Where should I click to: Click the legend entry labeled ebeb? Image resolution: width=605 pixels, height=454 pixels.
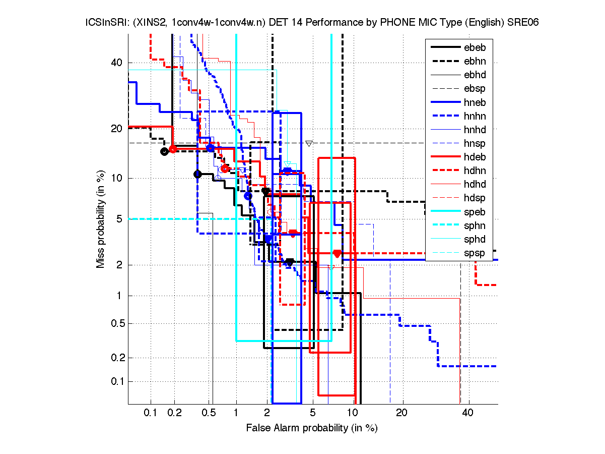coord(474,48)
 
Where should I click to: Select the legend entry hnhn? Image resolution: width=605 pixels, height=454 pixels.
coord(474,116)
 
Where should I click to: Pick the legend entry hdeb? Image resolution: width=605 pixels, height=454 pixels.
coord(474,157)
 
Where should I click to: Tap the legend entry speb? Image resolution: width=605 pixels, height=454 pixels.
coord(474,212)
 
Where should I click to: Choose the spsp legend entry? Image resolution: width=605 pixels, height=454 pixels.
coord(474,253)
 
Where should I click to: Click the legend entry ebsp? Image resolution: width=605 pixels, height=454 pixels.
coord(474,89)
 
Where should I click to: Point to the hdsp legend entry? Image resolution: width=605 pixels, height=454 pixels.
coord(474,198)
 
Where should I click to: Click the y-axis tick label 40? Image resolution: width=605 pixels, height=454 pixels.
coord(117,63)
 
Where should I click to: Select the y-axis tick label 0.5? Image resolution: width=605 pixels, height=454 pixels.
coord(115,324)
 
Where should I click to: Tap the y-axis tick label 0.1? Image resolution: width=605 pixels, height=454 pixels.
coord(115,381)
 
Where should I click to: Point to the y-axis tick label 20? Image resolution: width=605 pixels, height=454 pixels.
coord(117,129)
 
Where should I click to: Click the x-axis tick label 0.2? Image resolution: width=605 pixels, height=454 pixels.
coord(174,413)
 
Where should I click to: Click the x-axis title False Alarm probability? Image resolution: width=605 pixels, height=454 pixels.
coord(312,428)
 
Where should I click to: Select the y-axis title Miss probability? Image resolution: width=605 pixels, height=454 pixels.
coord(101,219)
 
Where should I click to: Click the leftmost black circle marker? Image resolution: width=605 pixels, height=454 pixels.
coord(164,151)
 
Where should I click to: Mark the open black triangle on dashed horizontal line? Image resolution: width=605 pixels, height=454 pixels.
coord(309,143)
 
